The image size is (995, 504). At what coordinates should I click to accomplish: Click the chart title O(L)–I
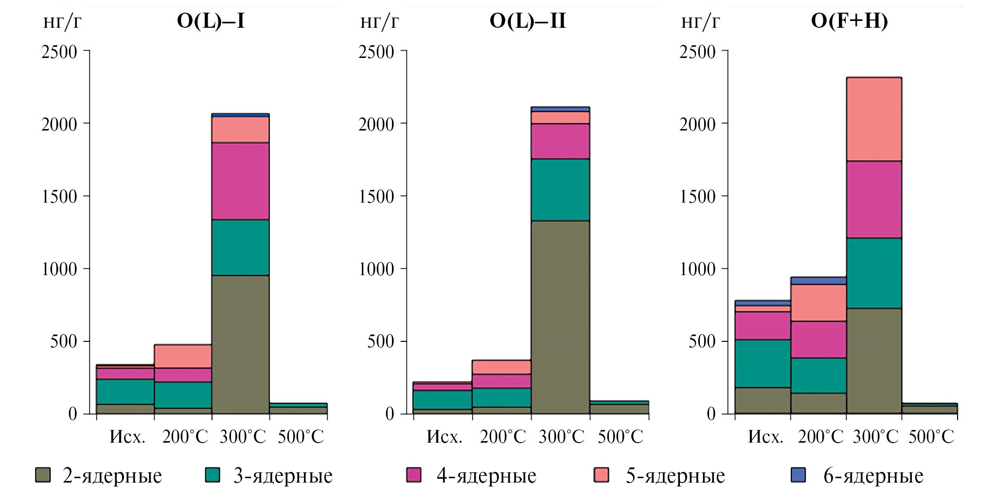point(211,21)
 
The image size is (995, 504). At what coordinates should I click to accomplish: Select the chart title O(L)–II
point(528,21)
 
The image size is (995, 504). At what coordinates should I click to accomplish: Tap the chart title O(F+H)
point(849,21)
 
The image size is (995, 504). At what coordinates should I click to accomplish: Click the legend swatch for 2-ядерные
point(43,475)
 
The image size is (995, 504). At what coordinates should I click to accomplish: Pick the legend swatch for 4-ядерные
point(413,475)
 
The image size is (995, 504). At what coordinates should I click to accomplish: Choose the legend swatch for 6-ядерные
point(798,475)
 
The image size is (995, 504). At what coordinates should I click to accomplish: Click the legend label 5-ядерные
point(675,476)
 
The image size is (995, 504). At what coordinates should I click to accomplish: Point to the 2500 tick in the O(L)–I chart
point(59,52)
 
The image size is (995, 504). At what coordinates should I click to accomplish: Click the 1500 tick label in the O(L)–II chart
point(376,197)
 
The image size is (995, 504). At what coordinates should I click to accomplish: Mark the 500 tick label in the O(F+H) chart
point(702,342)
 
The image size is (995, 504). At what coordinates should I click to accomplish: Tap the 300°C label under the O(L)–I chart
point(243,437)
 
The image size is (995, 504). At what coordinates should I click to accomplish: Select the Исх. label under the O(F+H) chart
point(765,437)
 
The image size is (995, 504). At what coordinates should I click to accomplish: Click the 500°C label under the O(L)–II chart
point(620,437)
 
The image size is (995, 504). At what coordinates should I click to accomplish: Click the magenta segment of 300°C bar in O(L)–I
point(240,181)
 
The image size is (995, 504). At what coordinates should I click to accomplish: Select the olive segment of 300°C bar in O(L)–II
point(560,317)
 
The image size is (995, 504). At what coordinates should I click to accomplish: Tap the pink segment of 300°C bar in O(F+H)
point(874,119)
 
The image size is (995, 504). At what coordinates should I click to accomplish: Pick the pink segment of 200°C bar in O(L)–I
point(183,356)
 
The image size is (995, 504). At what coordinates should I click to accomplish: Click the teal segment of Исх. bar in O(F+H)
point(763,363)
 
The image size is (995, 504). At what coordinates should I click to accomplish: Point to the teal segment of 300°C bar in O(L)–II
point(560,190)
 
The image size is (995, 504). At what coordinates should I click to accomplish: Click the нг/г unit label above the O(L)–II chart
point(379,21)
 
